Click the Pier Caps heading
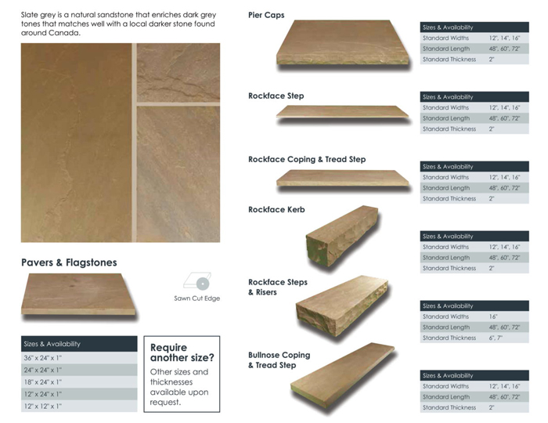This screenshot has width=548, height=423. (266, 15)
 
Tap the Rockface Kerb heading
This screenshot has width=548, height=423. (276, 210)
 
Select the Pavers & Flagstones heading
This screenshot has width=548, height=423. (69, 262)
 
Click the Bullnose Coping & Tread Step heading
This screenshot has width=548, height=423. (279, 360)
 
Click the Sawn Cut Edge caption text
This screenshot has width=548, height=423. (196, 298)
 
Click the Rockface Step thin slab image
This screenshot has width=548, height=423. (342, 112)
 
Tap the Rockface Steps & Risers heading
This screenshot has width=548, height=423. (277, 287)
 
